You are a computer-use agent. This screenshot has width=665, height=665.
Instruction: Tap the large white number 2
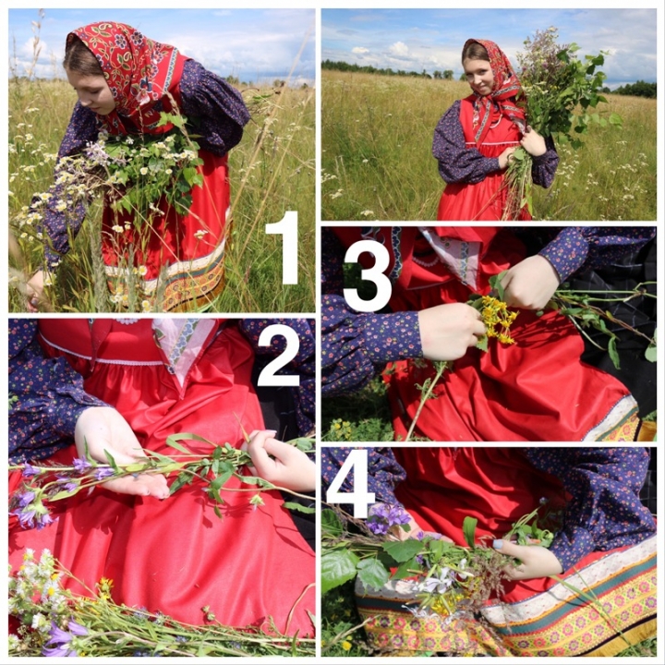pyautogui.click(x=279, y=358)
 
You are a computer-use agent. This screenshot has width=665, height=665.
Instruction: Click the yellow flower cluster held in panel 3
pyautogui.click(x=497, y=320)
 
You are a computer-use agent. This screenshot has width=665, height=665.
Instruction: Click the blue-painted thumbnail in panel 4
pyautogui.click(x=498, y=544)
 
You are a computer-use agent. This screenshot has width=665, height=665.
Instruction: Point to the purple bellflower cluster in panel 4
pyautogui.click(x=387, y=518)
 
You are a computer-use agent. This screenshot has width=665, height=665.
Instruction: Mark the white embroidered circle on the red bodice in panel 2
pyautogui.click(x=127, y=321)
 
